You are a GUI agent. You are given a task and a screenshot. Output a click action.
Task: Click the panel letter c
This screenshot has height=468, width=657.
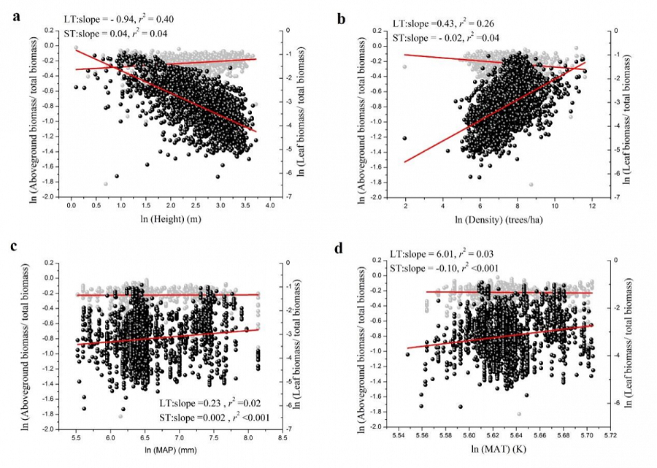[15, 246]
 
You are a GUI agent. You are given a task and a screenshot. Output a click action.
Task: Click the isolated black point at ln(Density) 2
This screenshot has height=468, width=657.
[404, 137]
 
